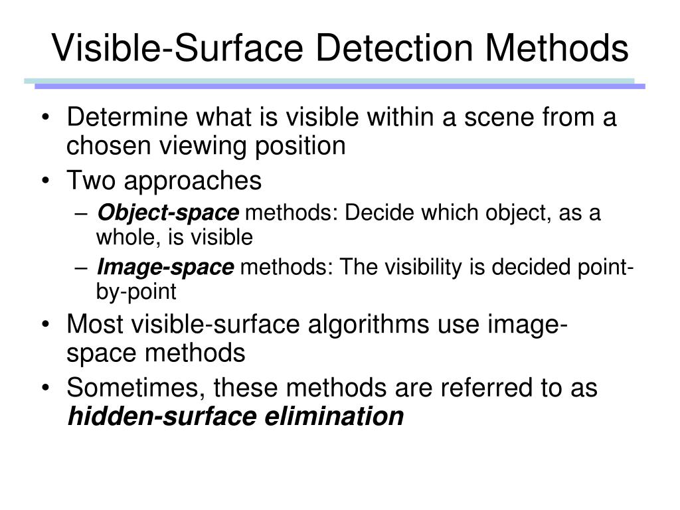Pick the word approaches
point(193,180)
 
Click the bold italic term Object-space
point(167,214)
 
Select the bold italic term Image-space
point(165,268)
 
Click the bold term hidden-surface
point(163,416)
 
